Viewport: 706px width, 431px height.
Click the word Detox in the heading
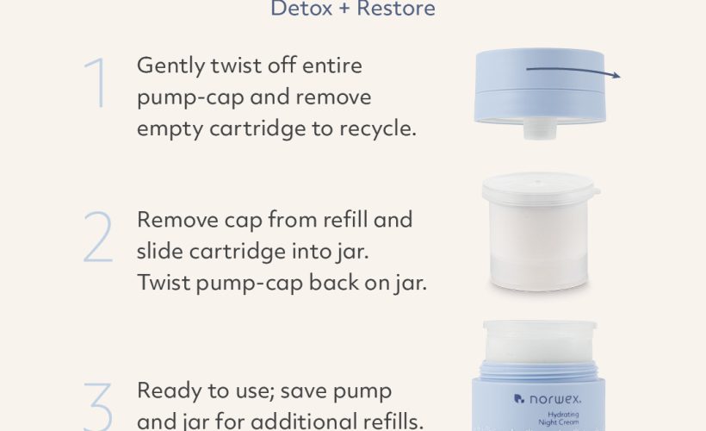click(x=301, y=8)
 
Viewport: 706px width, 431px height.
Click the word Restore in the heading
click(x=396, y=8)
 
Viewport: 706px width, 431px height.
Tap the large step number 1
click(x=96, y=83)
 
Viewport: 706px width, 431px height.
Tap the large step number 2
click(x=97, y=237)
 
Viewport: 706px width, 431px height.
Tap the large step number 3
click(x=97, y=407)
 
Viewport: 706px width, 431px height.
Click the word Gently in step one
click(x=171, y=66)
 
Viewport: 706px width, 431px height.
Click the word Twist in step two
click(x=164, y=283)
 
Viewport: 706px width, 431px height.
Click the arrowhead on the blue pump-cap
click(x=616, y=75)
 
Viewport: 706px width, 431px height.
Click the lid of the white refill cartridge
click(x=540, y=188)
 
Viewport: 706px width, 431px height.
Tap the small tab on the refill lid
click(x=596, y=192)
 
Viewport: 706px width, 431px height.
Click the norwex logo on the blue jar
click(x=547, y=399)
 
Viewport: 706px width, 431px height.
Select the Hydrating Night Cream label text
click(x=559, y=418)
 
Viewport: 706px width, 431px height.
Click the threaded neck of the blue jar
click(x=539, y=370)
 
